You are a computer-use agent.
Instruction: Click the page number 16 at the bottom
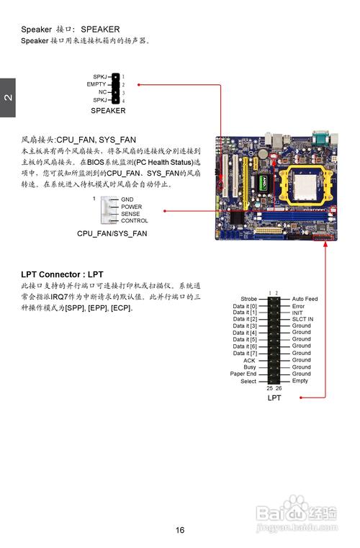180,530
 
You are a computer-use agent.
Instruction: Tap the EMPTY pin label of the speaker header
96,84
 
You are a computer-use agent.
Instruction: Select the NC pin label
102,92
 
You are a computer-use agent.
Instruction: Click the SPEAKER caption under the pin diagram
108,110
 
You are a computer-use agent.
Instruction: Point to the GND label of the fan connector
127,199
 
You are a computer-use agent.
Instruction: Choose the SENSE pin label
130,214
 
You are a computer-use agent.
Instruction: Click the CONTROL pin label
135,220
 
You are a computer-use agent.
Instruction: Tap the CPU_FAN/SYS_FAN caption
112,233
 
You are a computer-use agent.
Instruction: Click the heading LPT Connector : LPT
62,274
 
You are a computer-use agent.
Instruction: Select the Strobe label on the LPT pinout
249,299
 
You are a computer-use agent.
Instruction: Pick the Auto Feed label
305,299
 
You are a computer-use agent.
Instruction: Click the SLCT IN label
302,319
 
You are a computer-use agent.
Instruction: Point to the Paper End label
243,374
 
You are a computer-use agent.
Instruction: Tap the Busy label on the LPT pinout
250,367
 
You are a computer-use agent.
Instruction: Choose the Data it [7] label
245,354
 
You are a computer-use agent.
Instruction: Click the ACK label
250,360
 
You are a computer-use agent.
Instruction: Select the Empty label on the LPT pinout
300,381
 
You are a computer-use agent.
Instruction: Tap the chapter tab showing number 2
8,97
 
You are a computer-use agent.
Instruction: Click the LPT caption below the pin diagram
274,397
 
